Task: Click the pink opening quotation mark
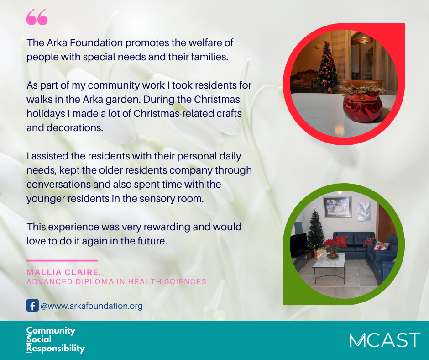click(x=37, y=17)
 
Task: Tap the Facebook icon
click(x=32, y=306)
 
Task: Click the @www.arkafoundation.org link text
click(x=91, y=306)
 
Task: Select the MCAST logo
click(x=385, y=340)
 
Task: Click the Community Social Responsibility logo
click(x=56, y=339)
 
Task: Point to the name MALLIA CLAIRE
click(x=63, y=272)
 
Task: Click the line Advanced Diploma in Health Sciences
click(x=116, y=281)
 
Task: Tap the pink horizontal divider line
click(x=62, y=260)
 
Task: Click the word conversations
click(x=58, y=185)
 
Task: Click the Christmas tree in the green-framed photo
click(x=315, y=230)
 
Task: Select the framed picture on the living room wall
click(x=338, y=207)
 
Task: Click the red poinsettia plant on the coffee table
click(x=332, y=246)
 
